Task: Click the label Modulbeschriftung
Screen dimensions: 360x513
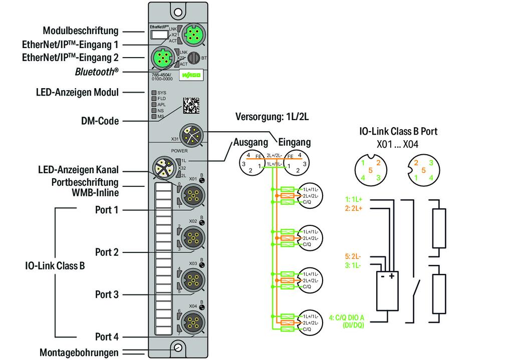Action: tap(80, 30)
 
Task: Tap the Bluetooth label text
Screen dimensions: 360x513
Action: tap(97, 72)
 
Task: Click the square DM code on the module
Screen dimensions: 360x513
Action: tap(190, 105)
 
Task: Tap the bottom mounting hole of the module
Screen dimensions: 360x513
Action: tap(177, 348)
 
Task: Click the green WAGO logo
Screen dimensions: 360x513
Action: tap(190, 76)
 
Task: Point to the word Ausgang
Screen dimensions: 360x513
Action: tap(251, 142)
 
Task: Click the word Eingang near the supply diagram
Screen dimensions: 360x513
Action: tap(294, 142)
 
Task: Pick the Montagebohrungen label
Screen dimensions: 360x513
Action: tap(79, 352)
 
